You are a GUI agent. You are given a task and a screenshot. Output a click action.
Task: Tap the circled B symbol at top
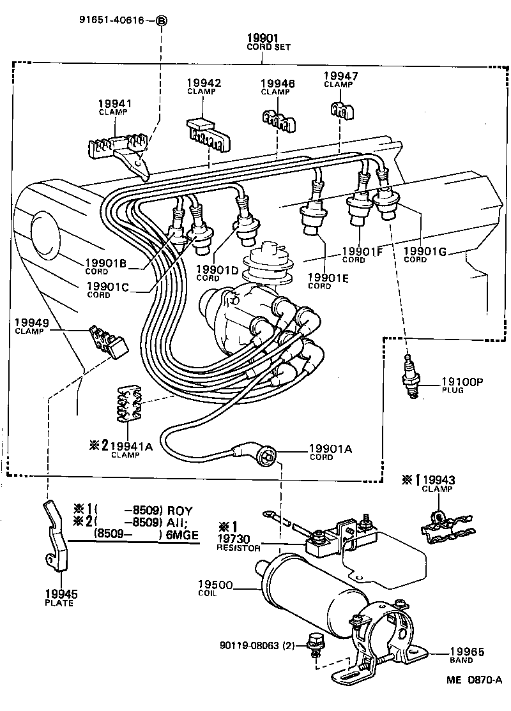(x=162, y=21)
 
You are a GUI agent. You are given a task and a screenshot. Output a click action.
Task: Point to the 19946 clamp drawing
(x=280, y=119)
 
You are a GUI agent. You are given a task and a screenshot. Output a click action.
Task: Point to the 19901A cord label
(x=330, y=452)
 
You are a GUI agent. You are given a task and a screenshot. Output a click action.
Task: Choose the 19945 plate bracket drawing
(x=57, y=536)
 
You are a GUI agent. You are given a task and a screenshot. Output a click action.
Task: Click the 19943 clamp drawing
(x=447, y=526)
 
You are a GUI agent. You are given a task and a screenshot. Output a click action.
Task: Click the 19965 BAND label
(x=466, y=655)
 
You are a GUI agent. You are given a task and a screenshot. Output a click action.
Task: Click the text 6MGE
(x=182, y=534)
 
